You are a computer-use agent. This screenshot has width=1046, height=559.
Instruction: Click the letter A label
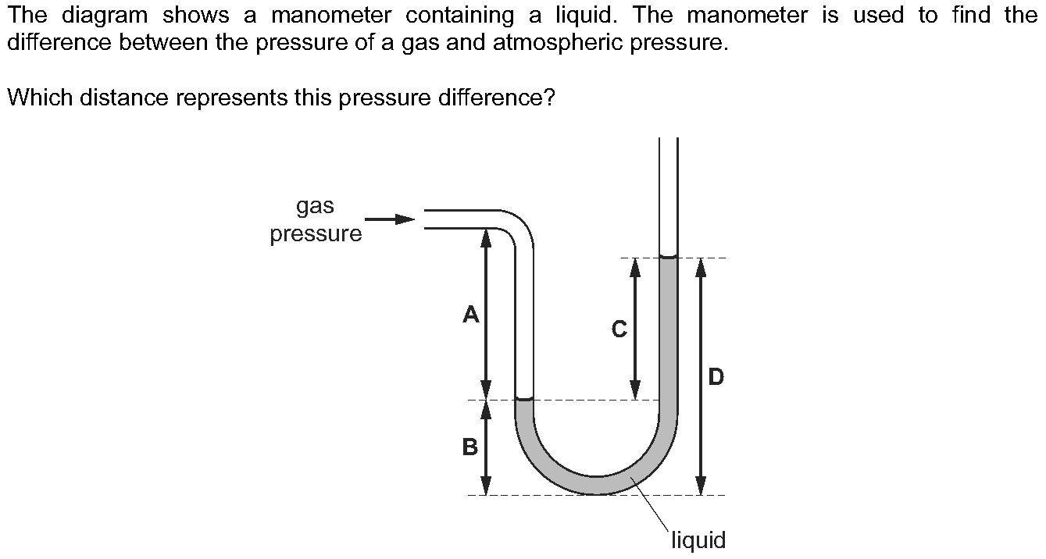pyautogui.click(x=470, y=315)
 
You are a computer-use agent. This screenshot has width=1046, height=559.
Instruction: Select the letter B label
pyautogui.click(x=470, y=447)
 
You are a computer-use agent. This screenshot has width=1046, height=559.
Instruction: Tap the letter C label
pyautogui.click(x=619, y=330)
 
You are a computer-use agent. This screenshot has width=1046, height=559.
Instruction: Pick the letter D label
pyautogui.click(x=716, y=378)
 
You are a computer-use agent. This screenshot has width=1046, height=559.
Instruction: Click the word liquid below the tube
pyautogui.click(x=698, y=539)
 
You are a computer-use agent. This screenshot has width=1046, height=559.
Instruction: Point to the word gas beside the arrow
pyautogui.click(x=315, y=207)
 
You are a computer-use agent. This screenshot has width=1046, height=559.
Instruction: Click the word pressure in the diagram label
pyautogui.click(x=316, y=233)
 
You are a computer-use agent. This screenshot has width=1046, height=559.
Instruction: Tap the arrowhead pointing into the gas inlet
pyautogui.click(x=405, y=219)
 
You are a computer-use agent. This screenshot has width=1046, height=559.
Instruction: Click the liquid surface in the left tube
pyautogui.click(x=524, y=399)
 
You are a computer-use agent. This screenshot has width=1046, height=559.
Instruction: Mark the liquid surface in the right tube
pyautogui.click(x=668, y=256)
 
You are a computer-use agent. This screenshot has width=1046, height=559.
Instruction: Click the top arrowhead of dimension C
pyautogui.click(x=635, y=267)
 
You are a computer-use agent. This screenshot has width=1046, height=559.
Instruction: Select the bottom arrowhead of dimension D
pyautogui.click(x=701, y=486)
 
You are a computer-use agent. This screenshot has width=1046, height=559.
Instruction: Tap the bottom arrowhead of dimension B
pyautogui.click(x=486, y=486)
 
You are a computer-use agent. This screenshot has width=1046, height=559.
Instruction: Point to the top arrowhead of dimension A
pyautogui.click(x=486, y=237)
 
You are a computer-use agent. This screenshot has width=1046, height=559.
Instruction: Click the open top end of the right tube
pyautogui.click(x=668, y=141)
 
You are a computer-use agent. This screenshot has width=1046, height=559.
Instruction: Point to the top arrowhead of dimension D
pyautogui.click(x=701, y=267)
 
